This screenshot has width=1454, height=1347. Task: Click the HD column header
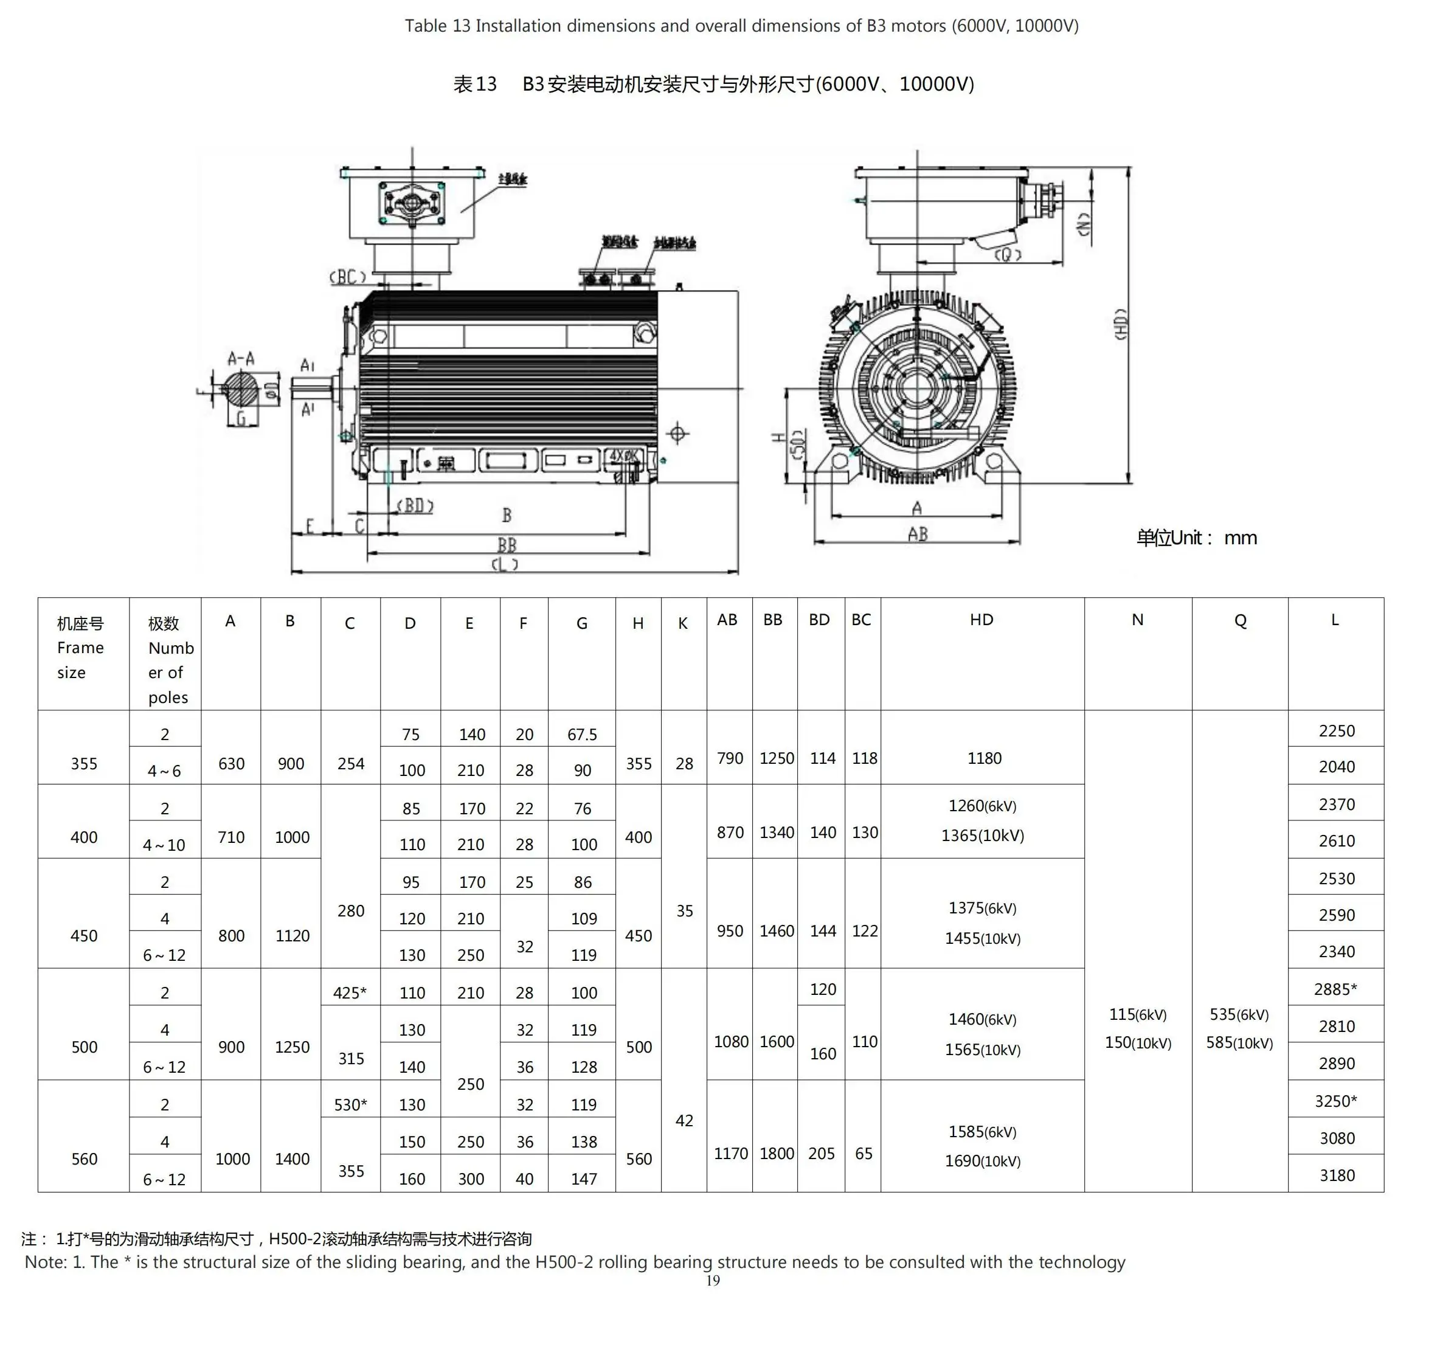[x=981, y=620]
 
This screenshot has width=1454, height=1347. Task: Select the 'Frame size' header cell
[x=80, y=648]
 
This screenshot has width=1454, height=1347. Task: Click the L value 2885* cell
[x=1335, y=989]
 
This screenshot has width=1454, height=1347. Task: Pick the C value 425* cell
[x=350, y=992]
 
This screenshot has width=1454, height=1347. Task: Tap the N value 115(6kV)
[x=1138, y=1014]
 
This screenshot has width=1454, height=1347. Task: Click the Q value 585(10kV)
[x=1239, y=1042]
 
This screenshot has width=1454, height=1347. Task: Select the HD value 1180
[x=984, y=758]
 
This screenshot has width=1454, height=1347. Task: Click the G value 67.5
[x=581, y=735]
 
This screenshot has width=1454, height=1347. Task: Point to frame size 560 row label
[x=84, y=1159]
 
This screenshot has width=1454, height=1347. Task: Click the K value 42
[x=684, y=1120]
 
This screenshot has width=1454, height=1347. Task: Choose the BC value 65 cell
[x=863, y=1153]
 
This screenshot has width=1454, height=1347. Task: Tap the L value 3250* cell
[x=1335, y=1101]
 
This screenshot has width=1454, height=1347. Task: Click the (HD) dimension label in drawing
[x=1121, y=324]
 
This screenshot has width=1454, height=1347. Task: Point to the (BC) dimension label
[x=348, y=277]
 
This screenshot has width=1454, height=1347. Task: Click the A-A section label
[x=241, y=358]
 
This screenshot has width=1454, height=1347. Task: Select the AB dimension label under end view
[x=918, y=535]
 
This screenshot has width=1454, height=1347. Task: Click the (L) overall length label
[x=504, y=565]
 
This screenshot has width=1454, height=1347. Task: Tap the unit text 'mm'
[x=1241, y=538]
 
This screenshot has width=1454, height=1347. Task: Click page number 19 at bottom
[x=713, y=1281]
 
